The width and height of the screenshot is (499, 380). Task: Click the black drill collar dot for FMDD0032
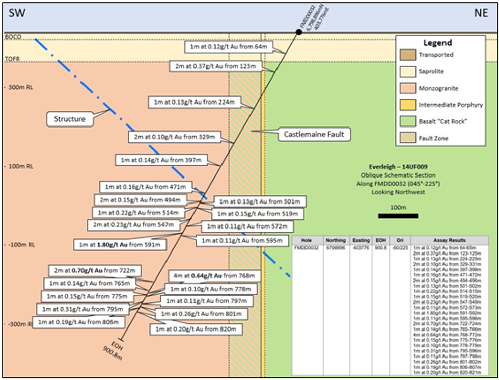pyautogui.click(x=299, y=32)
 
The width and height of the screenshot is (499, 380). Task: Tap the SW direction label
pyautogui.click(x=16, y=14)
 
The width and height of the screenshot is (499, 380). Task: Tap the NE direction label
pyautogui.click(x=481, y=14)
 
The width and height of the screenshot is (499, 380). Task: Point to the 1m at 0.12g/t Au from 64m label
pyautogui.click(x=229, y=47)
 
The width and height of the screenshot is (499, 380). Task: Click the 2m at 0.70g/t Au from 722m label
pyautogui.click(x=95, y=270)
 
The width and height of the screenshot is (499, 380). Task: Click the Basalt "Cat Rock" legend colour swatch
pyautogui.click(x=409, y=121)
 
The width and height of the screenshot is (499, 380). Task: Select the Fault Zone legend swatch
pyautogui.click(x=409, y=138)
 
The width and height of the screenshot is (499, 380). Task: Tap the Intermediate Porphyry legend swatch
pyautogui.click(x=409, y=105)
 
